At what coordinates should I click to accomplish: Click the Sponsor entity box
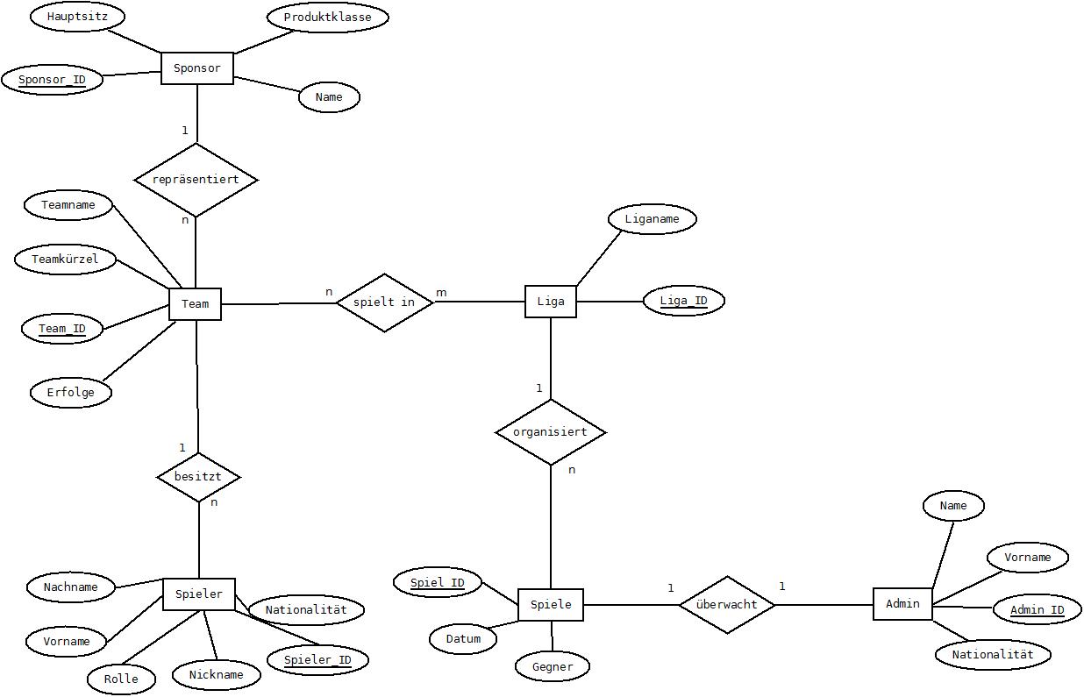click(197, 68)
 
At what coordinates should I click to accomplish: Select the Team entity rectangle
click(195, 304)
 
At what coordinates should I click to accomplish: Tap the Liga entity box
click(551, 302)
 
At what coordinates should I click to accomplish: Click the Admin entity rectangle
click(902, 604)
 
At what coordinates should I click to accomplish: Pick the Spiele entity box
click(551, 605)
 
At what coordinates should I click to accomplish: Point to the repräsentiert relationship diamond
click(196, 180)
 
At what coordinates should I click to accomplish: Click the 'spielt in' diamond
click(385, 302)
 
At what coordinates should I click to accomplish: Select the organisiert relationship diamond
click(551, 432)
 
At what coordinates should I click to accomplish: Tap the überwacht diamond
click(727, 605)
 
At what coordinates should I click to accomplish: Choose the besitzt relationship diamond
click(198, 477)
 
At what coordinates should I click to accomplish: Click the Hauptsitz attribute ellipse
click(77, 17)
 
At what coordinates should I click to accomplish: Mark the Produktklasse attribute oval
click(328, 18)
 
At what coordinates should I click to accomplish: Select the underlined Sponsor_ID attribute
click(53, 80)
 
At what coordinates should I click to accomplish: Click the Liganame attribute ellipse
click(653, 219)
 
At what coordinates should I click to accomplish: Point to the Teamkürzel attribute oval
click(65, 260)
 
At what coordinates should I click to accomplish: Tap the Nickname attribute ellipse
click(217, 675)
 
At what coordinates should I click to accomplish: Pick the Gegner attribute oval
click(553, 667)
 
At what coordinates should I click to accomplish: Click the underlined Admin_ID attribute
click(1037, 609)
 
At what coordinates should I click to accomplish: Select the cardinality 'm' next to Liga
click(441, 292)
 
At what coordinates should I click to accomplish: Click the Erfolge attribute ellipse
click(71, 392)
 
